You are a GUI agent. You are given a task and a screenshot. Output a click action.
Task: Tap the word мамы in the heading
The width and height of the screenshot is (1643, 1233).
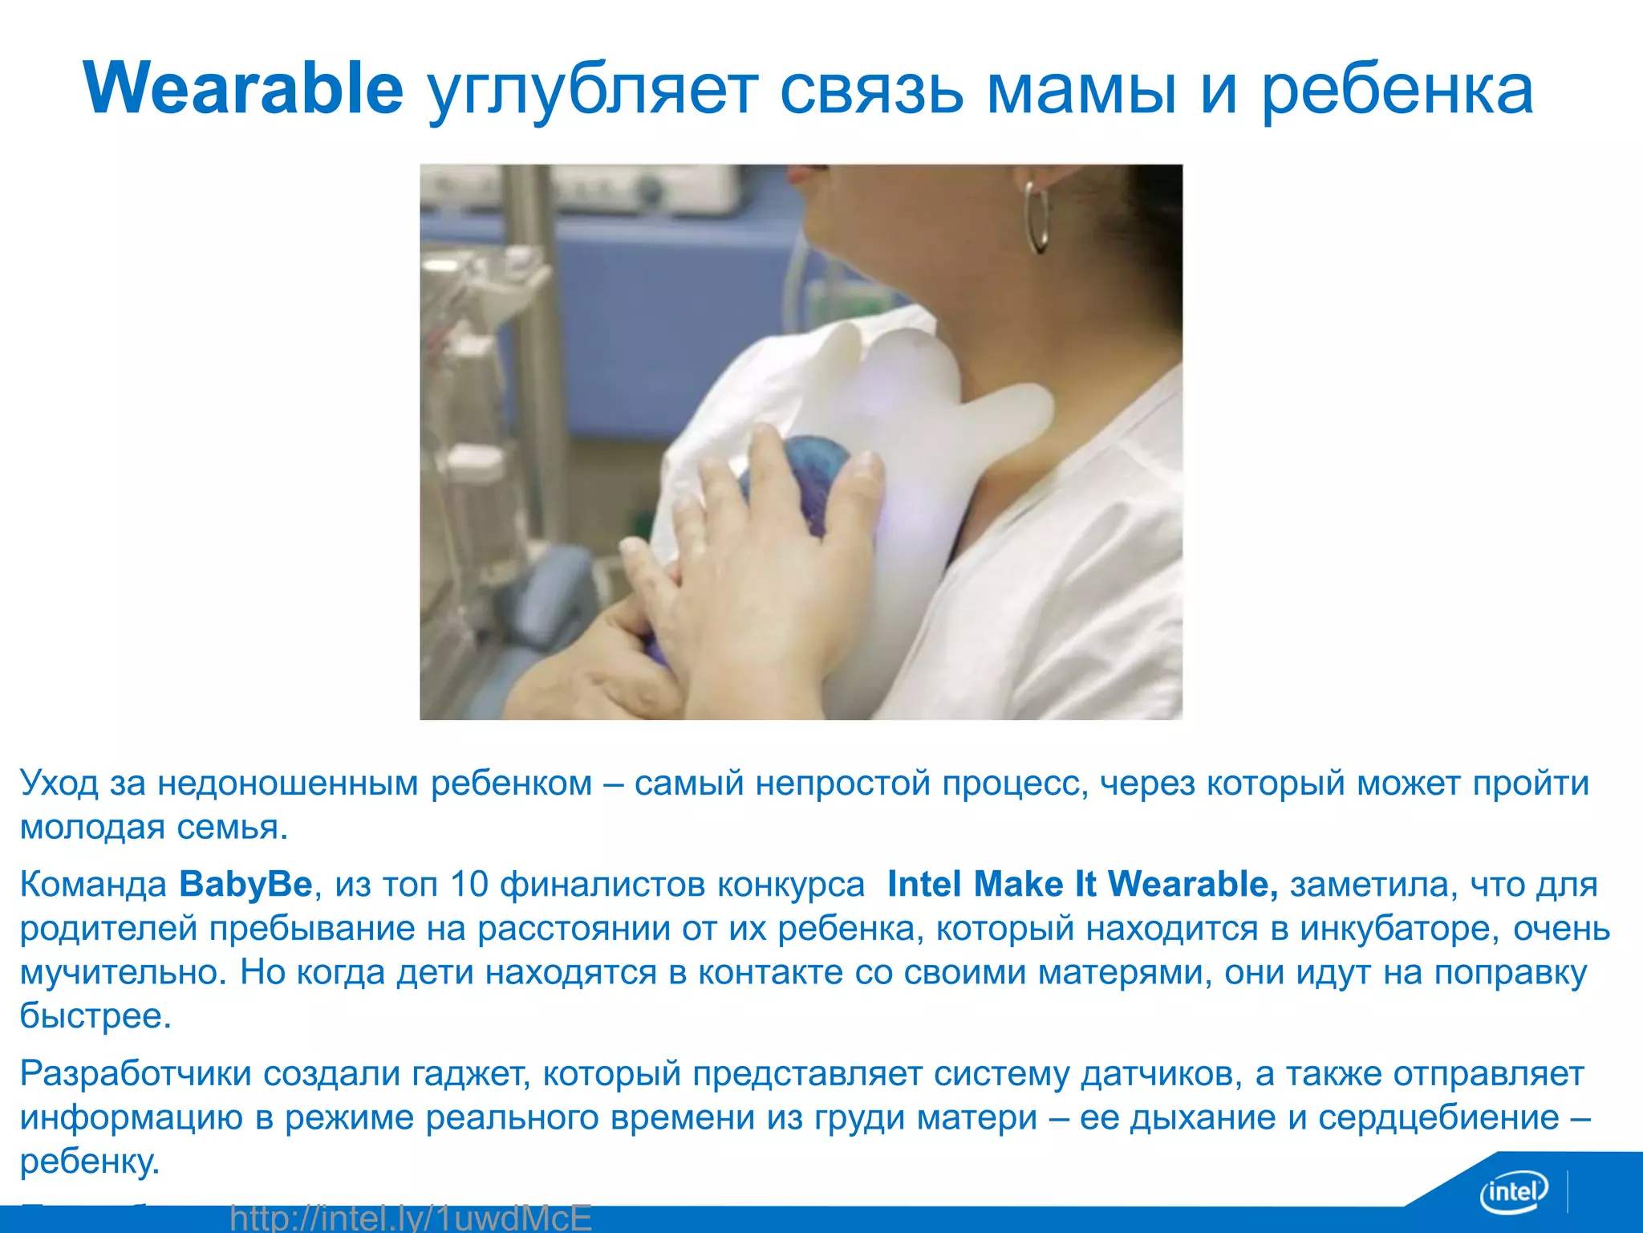pyautogui.click(x=1081, y=90)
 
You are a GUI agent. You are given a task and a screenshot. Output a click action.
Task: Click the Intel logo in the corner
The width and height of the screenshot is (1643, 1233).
pyautogui.click(x=1513, y=1191)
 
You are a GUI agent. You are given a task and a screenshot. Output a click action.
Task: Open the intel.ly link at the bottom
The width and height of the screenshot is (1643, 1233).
pyautogui.click(x=411, y=1218)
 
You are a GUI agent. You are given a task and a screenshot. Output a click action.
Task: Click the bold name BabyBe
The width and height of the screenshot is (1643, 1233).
pyautogui.click(x=245, y=884)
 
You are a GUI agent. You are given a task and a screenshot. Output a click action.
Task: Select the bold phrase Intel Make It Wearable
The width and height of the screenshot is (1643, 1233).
pyautogui.click(x=1081, y=884)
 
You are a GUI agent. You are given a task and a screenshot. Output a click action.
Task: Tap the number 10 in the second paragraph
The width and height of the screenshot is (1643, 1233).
pyautogui.click(x=469, y=884)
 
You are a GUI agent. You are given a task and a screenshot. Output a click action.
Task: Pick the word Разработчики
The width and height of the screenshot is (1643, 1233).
pyautogui.click(x=136, y=1074)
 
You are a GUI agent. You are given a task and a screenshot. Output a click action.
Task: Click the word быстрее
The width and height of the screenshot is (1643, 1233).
pyautogui.click(x=95, y=1016)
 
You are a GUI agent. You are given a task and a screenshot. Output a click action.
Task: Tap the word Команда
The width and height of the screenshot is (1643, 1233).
pyautogui.click(x=93, y=884)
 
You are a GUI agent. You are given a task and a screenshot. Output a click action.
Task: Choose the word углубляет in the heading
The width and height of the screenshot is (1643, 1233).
pyautogui.click(x=591, y=90)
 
